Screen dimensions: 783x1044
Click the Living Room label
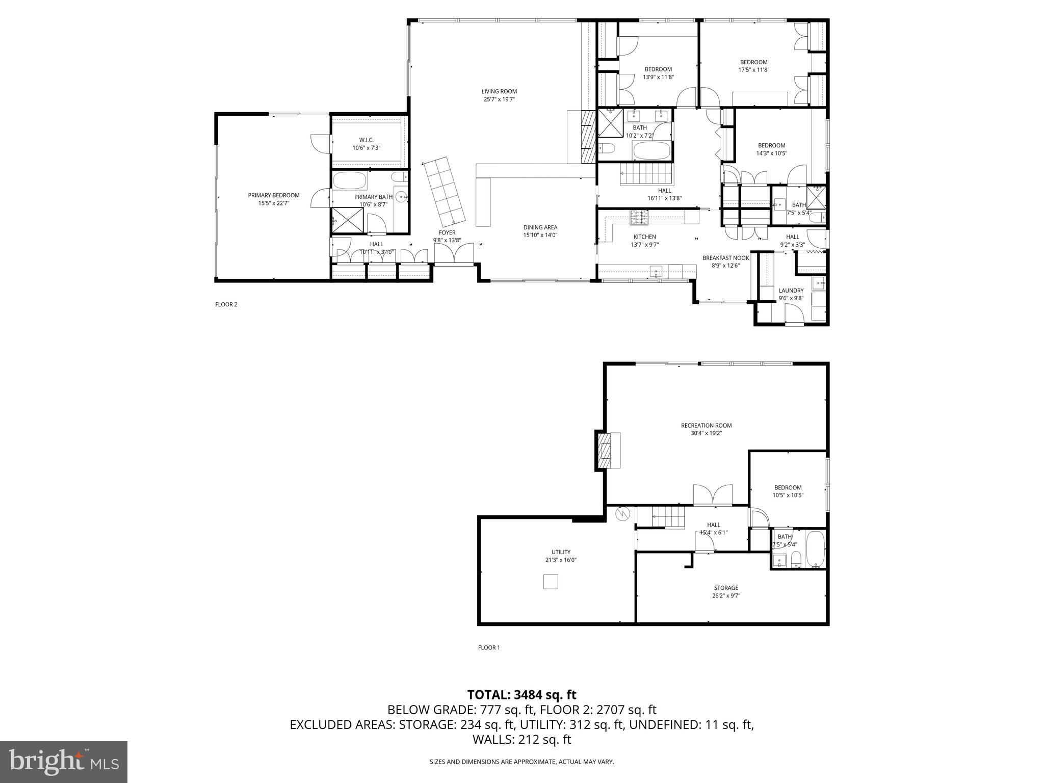tap(499, 92)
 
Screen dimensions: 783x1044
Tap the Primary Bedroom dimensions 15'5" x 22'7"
tap(273, 203)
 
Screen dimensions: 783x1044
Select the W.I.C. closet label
tap(366, 140)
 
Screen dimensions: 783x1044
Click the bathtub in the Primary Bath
tap(350, 181)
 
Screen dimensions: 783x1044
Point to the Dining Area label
tap(540, 227)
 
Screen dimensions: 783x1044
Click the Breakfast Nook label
tap(725, 258)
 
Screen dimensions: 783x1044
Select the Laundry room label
tap(791, 291)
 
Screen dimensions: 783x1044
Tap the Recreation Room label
tap(706, 426)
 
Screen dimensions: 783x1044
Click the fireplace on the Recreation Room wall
tap(608, 450)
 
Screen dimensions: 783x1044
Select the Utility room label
tap(561, 552)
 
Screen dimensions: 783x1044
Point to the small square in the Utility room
tap(551, 582)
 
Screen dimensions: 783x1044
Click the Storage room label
tap(725, 588)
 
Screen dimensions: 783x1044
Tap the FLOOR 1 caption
tap(488, 648)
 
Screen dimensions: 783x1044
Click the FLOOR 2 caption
tap(226, 305)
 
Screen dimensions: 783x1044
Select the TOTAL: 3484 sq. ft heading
tap(521, 695)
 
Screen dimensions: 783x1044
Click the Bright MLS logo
tap(64, 762)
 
